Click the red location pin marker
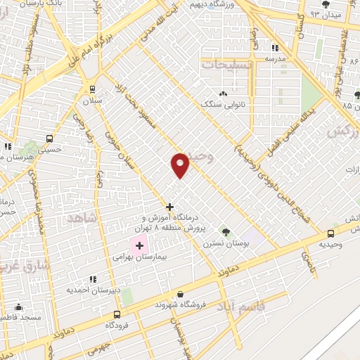(181, 165)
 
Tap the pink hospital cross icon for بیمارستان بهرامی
(139, 245)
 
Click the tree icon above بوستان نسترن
(226, 231)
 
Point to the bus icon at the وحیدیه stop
(330, 234)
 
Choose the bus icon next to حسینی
(49, 139)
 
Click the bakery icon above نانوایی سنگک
(223, 94)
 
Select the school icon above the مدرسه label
(274, 48)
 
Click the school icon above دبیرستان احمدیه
(93, 279)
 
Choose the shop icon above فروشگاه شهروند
(181, 295)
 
